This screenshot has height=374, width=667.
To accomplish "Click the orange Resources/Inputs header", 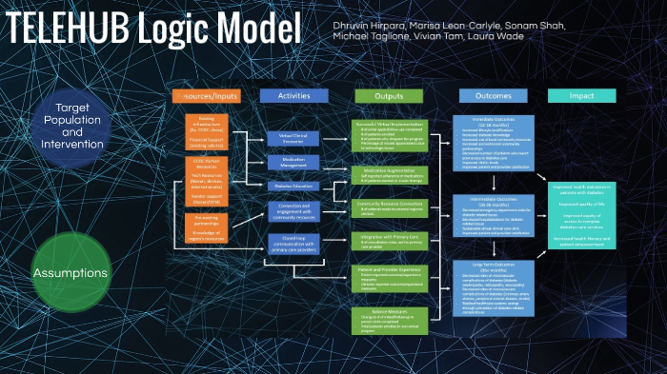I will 206,96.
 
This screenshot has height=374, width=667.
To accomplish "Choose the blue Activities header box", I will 293,96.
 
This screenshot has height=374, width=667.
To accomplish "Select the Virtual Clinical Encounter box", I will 293,139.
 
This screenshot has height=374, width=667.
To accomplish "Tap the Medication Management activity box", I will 293,162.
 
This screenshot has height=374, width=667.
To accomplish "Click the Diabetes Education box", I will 293,186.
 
